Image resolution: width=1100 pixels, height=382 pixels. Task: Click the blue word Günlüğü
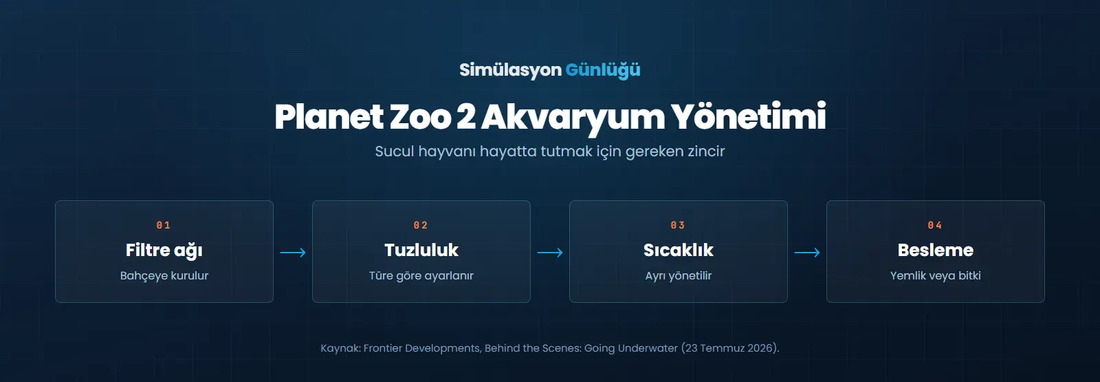602,70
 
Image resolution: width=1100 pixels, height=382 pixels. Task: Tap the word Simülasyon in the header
510,70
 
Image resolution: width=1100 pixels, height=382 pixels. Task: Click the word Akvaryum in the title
573,118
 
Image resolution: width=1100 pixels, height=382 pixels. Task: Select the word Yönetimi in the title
749,117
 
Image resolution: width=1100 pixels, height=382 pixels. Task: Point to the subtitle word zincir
706,151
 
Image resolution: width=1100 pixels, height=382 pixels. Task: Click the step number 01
164,225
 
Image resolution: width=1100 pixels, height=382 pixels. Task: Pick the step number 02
421,225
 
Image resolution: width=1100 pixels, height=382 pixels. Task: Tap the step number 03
678,225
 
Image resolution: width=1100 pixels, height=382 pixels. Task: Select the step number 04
935,225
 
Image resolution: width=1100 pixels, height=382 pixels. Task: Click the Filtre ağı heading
164,251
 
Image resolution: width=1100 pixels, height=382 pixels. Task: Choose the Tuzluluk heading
421,250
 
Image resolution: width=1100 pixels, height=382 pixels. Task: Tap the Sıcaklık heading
678,250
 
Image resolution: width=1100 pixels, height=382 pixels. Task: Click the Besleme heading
936,250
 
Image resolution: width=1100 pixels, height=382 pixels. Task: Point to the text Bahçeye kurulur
164,276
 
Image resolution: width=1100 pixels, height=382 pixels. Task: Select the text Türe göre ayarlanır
421,276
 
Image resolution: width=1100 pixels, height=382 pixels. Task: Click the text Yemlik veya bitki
936,276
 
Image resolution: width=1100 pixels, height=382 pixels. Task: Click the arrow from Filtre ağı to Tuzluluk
293,253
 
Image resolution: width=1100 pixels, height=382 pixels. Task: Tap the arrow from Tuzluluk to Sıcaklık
550,253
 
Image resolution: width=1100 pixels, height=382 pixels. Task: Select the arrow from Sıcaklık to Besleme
807,253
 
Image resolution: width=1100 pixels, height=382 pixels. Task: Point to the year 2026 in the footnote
760,348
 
